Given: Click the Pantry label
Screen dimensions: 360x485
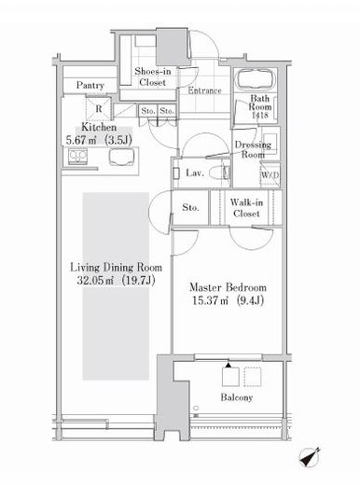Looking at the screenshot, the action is click(90, 85).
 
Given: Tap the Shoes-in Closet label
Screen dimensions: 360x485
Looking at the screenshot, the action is click(153, 76).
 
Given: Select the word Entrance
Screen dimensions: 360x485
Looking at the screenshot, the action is click(204, 90).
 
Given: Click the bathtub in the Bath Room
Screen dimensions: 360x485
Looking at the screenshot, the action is click(256, 79).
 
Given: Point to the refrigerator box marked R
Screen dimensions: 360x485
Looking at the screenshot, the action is click(98, 108).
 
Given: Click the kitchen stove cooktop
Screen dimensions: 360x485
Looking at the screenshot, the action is click(77, 157).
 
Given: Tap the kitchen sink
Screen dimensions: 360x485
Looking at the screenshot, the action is click(121, 158).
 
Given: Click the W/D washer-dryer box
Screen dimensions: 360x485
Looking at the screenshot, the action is click(270, 175).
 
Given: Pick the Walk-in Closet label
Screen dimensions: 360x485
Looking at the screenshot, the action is click(246, 208).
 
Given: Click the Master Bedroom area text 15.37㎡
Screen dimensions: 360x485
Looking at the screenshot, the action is click(210, 301).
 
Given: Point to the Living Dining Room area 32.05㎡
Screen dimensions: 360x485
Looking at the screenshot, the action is click(95, 281).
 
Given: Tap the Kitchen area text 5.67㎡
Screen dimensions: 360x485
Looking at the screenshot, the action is click(81, 140).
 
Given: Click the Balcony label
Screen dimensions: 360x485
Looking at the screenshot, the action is click(237, 397).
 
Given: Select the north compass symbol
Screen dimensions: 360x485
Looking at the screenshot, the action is click(310, 457).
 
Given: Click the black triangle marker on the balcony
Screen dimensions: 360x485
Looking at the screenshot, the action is click(228, 366).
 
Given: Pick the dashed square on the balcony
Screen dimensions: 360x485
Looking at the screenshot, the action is click(253, 377).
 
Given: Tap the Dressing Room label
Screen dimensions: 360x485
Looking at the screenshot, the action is click(253, 149).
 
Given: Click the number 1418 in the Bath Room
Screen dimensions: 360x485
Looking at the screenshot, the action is click(260, 116).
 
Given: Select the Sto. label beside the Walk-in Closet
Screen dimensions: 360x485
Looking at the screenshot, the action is click(190, 207).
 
